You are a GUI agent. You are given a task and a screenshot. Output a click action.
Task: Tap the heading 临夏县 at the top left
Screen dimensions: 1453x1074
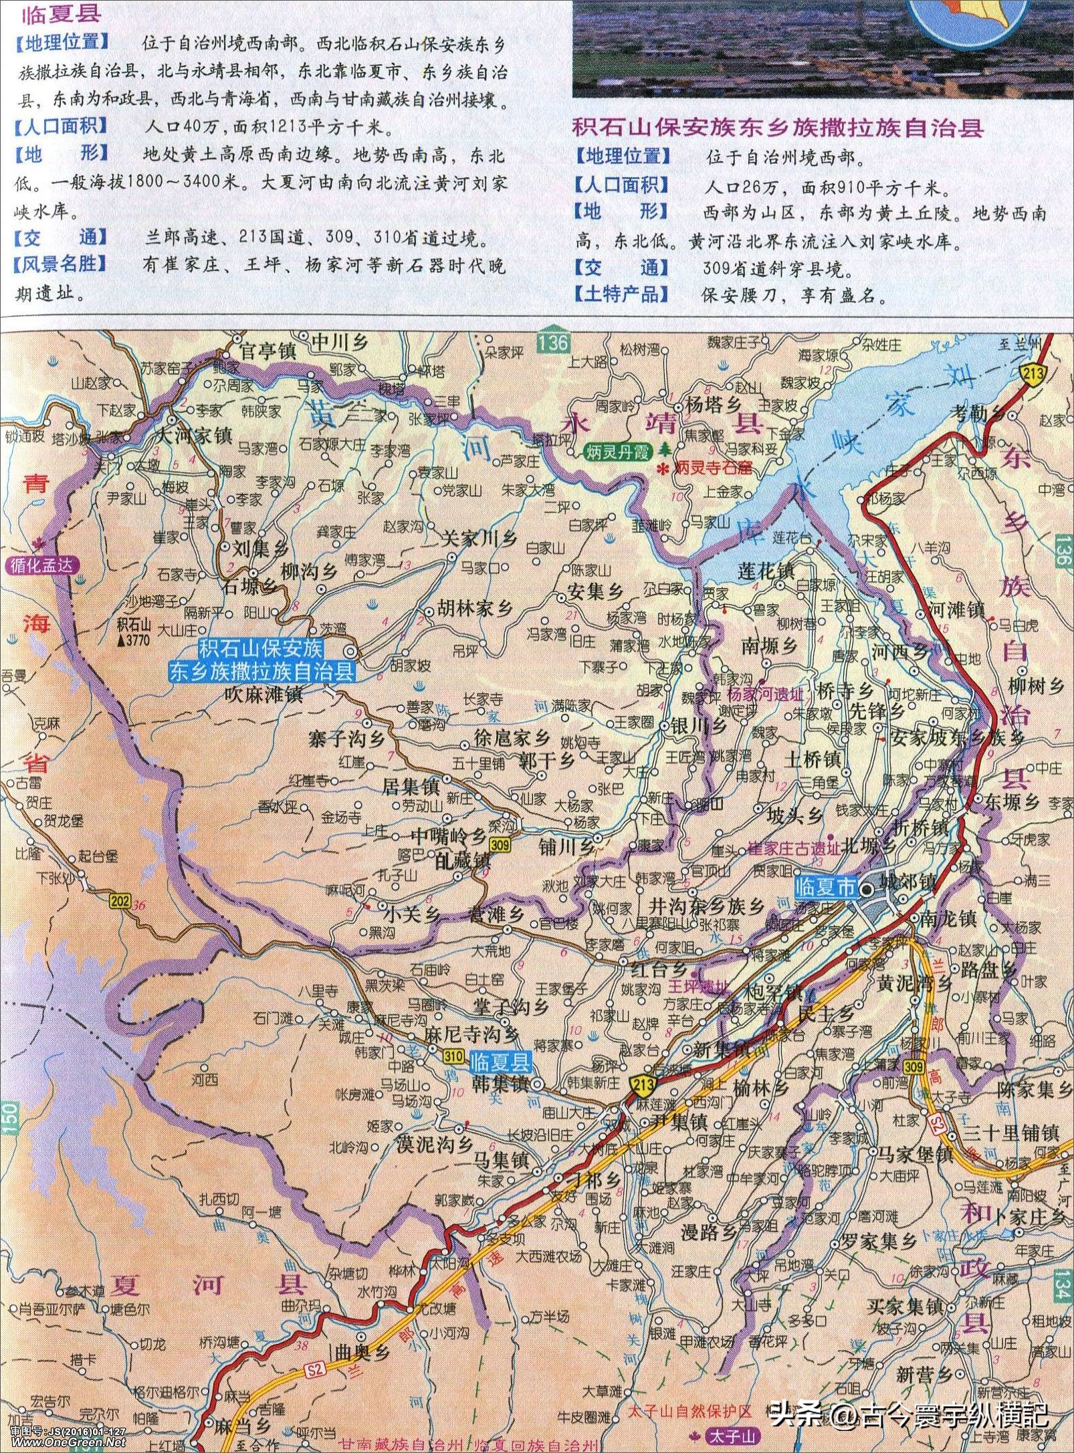(50, 15)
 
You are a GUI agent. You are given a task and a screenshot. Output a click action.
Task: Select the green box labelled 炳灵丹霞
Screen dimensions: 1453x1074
(616, 452)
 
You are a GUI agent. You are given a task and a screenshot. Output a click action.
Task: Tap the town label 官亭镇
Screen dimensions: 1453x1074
(267, 351)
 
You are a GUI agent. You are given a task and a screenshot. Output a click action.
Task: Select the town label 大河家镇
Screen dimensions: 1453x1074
(193, 435)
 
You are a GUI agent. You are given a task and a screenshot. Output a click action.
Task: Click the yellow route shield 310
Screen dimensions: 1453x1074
(453, 1056)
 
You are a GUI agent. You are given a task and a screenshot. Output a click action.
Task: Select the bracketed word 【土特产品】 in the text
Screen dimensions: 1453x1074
(622, 294)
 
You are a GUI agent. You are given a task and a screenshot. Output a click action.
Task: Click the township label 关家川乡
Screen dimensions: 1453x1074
(479, 539)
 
